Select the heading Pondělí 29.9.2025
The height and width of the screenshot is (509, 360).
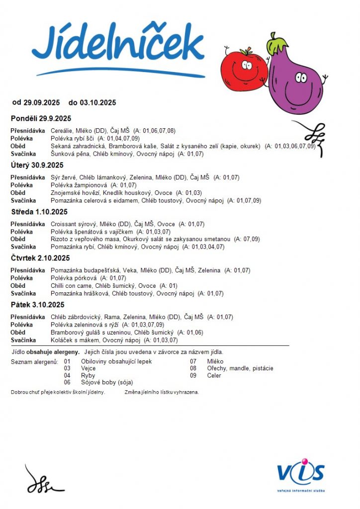pos(41,118)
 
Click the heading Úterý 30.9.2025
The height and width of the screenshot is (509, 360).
pos(37,165)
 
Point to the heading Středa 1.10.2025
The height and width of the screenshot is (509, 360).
pos(39,212)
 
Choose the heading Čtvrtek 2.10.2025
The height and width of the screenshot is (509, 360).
pos(40,258)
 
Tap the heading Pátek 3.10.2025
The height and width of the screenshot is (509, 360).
pos(37,305)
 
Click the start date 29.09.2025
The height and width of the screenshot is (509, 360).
pos(42,102)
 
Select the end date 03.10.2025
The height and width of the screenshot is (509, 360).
pos(97,102)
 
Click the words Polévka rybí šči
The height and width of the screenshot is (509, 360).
pos(73,138)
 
